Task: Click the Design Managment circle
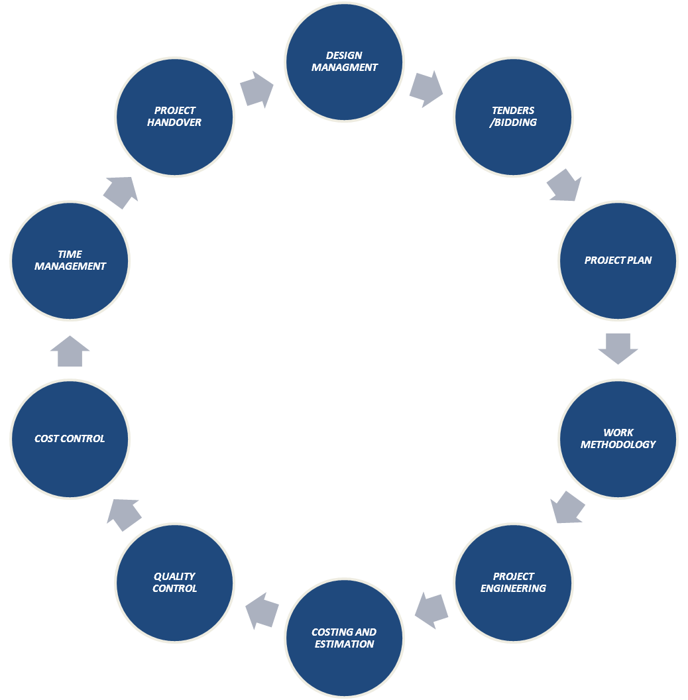pyautogui.click(x=344, y=62)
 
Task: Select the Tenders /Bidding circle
pyautogui.click(x=513, y=117)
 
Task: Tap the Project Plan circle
pyautogui.click(x=618, y=261)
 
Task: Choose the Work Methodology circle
pyautogui.click(x=618, y=438)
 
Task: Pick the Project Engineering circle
pyautogui.click(x=513, y=582)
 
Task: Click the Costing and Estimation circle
pyautogui.click(x=344, y=638)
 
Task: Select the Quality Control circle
pyautogui.click(x=175, y=582)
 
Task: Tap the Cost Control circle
pyautogui.click(x=70, y=438)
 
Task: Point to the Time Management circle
pyautogui.click(x=70, y=261)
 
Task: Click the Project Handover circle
pyautogui.click(x=175, y=117)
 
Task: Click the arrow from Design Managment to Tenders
pyautogui.click(x=426, y=89)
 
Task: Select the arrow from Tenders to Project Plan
pyautogui.click(x=565, y=185)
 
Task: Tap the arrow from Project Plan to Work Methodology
pyautogui.click(x=618, y=348)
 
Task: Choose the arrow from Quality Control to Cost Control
pyautogui.click(x=124, y=514)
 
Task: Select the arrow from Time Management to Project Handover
pyautogui.click(x=121, y=192)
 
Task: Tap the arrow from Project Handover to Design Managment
pyautogui.click(x=257, y=89)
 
